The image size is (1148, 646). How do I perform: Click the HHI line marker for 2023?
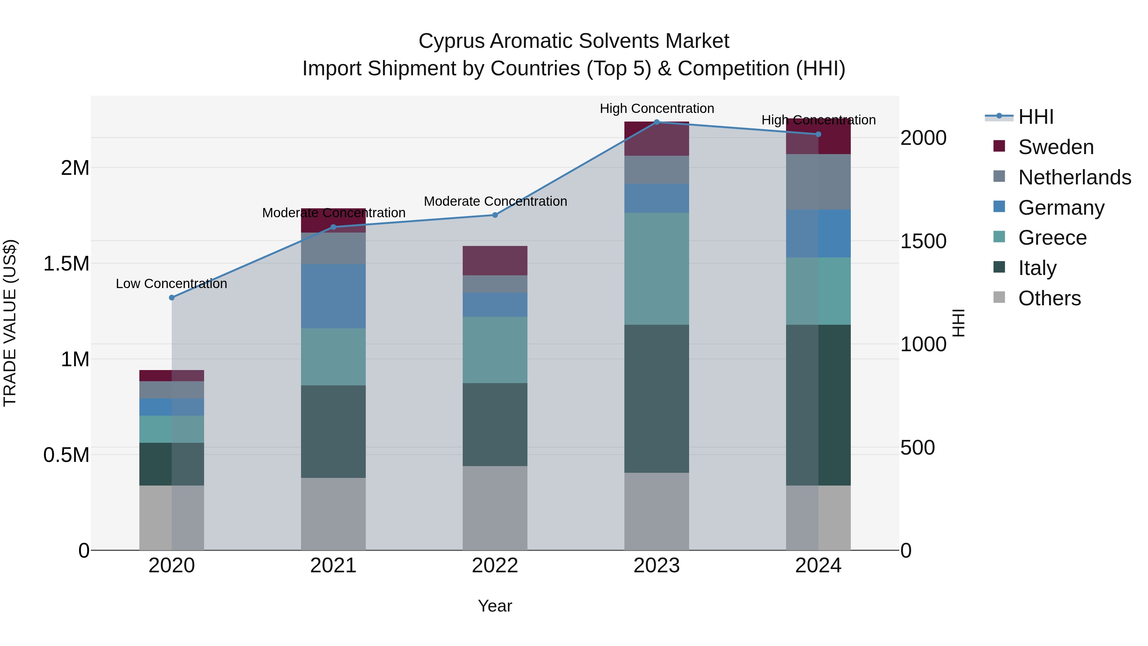(657, 122)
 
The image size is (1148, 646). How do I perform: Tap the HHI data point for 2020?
(172, 297)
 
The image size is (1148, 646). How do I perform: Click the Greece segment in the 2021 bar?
(333, 357)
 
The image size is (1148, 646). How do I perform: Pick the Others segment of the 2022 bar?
(495, 508)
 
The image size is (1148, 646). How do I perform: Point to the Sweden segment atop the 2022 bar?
(495, 261)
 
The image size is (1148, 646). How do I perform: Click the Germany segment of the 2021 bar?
(333, 296)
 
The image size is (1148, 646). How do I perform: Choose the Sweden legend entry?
(1056, 147)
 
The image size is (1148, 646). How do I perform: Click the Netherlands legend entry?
(1074, 177)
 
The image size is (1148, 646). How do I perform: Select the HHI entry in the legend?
(1036, 117)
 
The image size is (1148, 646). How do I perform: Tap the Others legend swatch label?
(1049, 298)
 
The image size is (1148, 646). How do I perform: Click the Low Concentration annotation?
(172, 284)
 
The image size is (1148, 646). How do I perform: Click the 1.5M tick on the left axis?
(66, 264)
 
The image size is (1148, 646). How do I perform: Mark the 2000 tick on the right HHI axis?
(923, 138)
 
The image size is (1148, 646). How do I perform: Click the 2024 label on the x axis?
(818, 566)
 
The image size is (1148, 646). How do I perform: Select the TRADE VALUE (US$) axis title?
(10, 323)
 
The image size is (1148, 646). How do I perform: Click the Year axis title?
(495, 606)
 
